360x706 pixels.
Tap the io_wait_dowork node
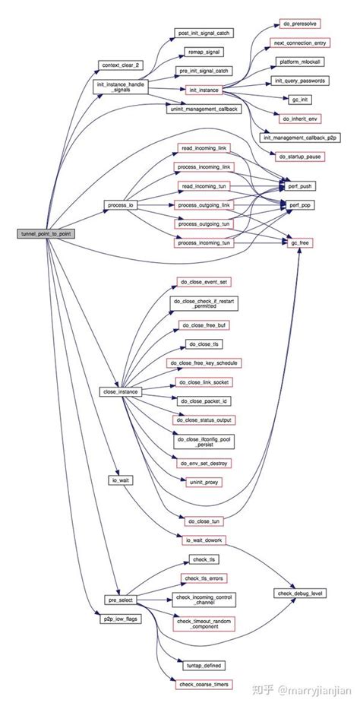(x=204, y=540)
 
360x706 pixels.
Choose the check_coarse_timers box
(x=204, y=685)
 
